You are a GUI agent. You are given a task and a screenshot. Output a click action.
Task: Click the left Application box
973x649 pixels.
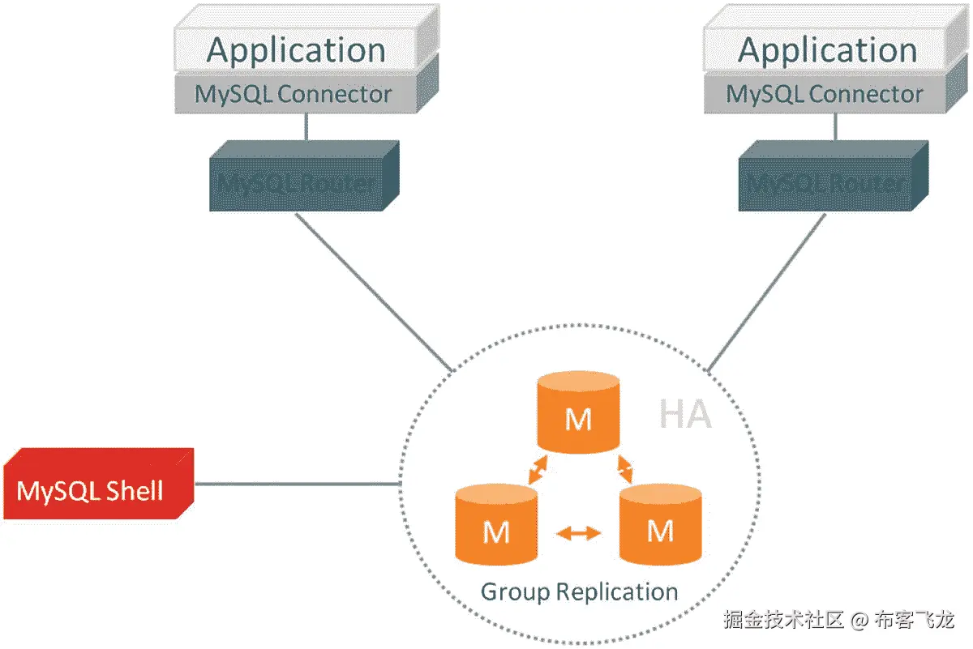pos(296,50)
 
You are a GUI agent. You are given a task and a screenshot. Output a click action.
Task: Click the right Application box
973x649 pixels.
pos(827,50)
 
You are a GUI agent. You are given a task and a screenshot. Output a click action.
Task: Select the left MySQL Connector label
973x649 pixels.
pos(294,94)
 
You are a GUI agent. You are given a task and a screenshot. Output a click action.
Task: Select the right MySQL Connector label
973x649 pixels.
pos(825,94)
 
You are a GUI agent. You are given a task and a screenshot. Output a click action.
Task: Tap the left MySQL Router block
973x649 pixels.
pos(297,182)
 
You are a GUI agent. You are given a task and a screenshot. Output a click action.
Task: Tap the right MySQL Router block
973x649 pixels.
pos(826,182)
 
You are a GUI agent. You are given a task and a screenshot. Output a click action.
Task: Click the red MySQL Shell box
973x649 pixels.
pos(91,490)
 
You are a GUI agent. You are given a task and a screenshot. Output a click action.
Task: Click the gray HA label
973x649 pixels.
pos(685,415)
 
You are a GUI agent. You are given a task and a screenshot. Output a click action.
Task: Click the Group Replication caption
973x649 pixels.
pos(579,591)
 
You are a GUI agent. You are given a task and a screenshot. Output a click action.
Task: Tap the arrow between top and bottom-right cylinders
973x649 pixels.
pos(624,468)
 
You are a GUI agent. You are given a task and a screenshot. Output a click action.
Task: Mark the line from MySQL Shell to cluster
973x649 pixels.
pos(298,485)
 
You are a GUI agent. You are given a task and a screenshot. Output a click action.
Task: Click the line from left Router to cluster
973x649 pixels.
pos(373,291)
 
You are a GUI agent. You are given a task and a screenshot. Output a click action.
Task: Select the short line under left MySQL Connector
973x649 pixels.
pos(306,126)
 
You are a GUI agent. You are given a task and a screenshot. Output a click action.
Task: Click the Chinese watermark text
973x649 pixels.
pos(839,621)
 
